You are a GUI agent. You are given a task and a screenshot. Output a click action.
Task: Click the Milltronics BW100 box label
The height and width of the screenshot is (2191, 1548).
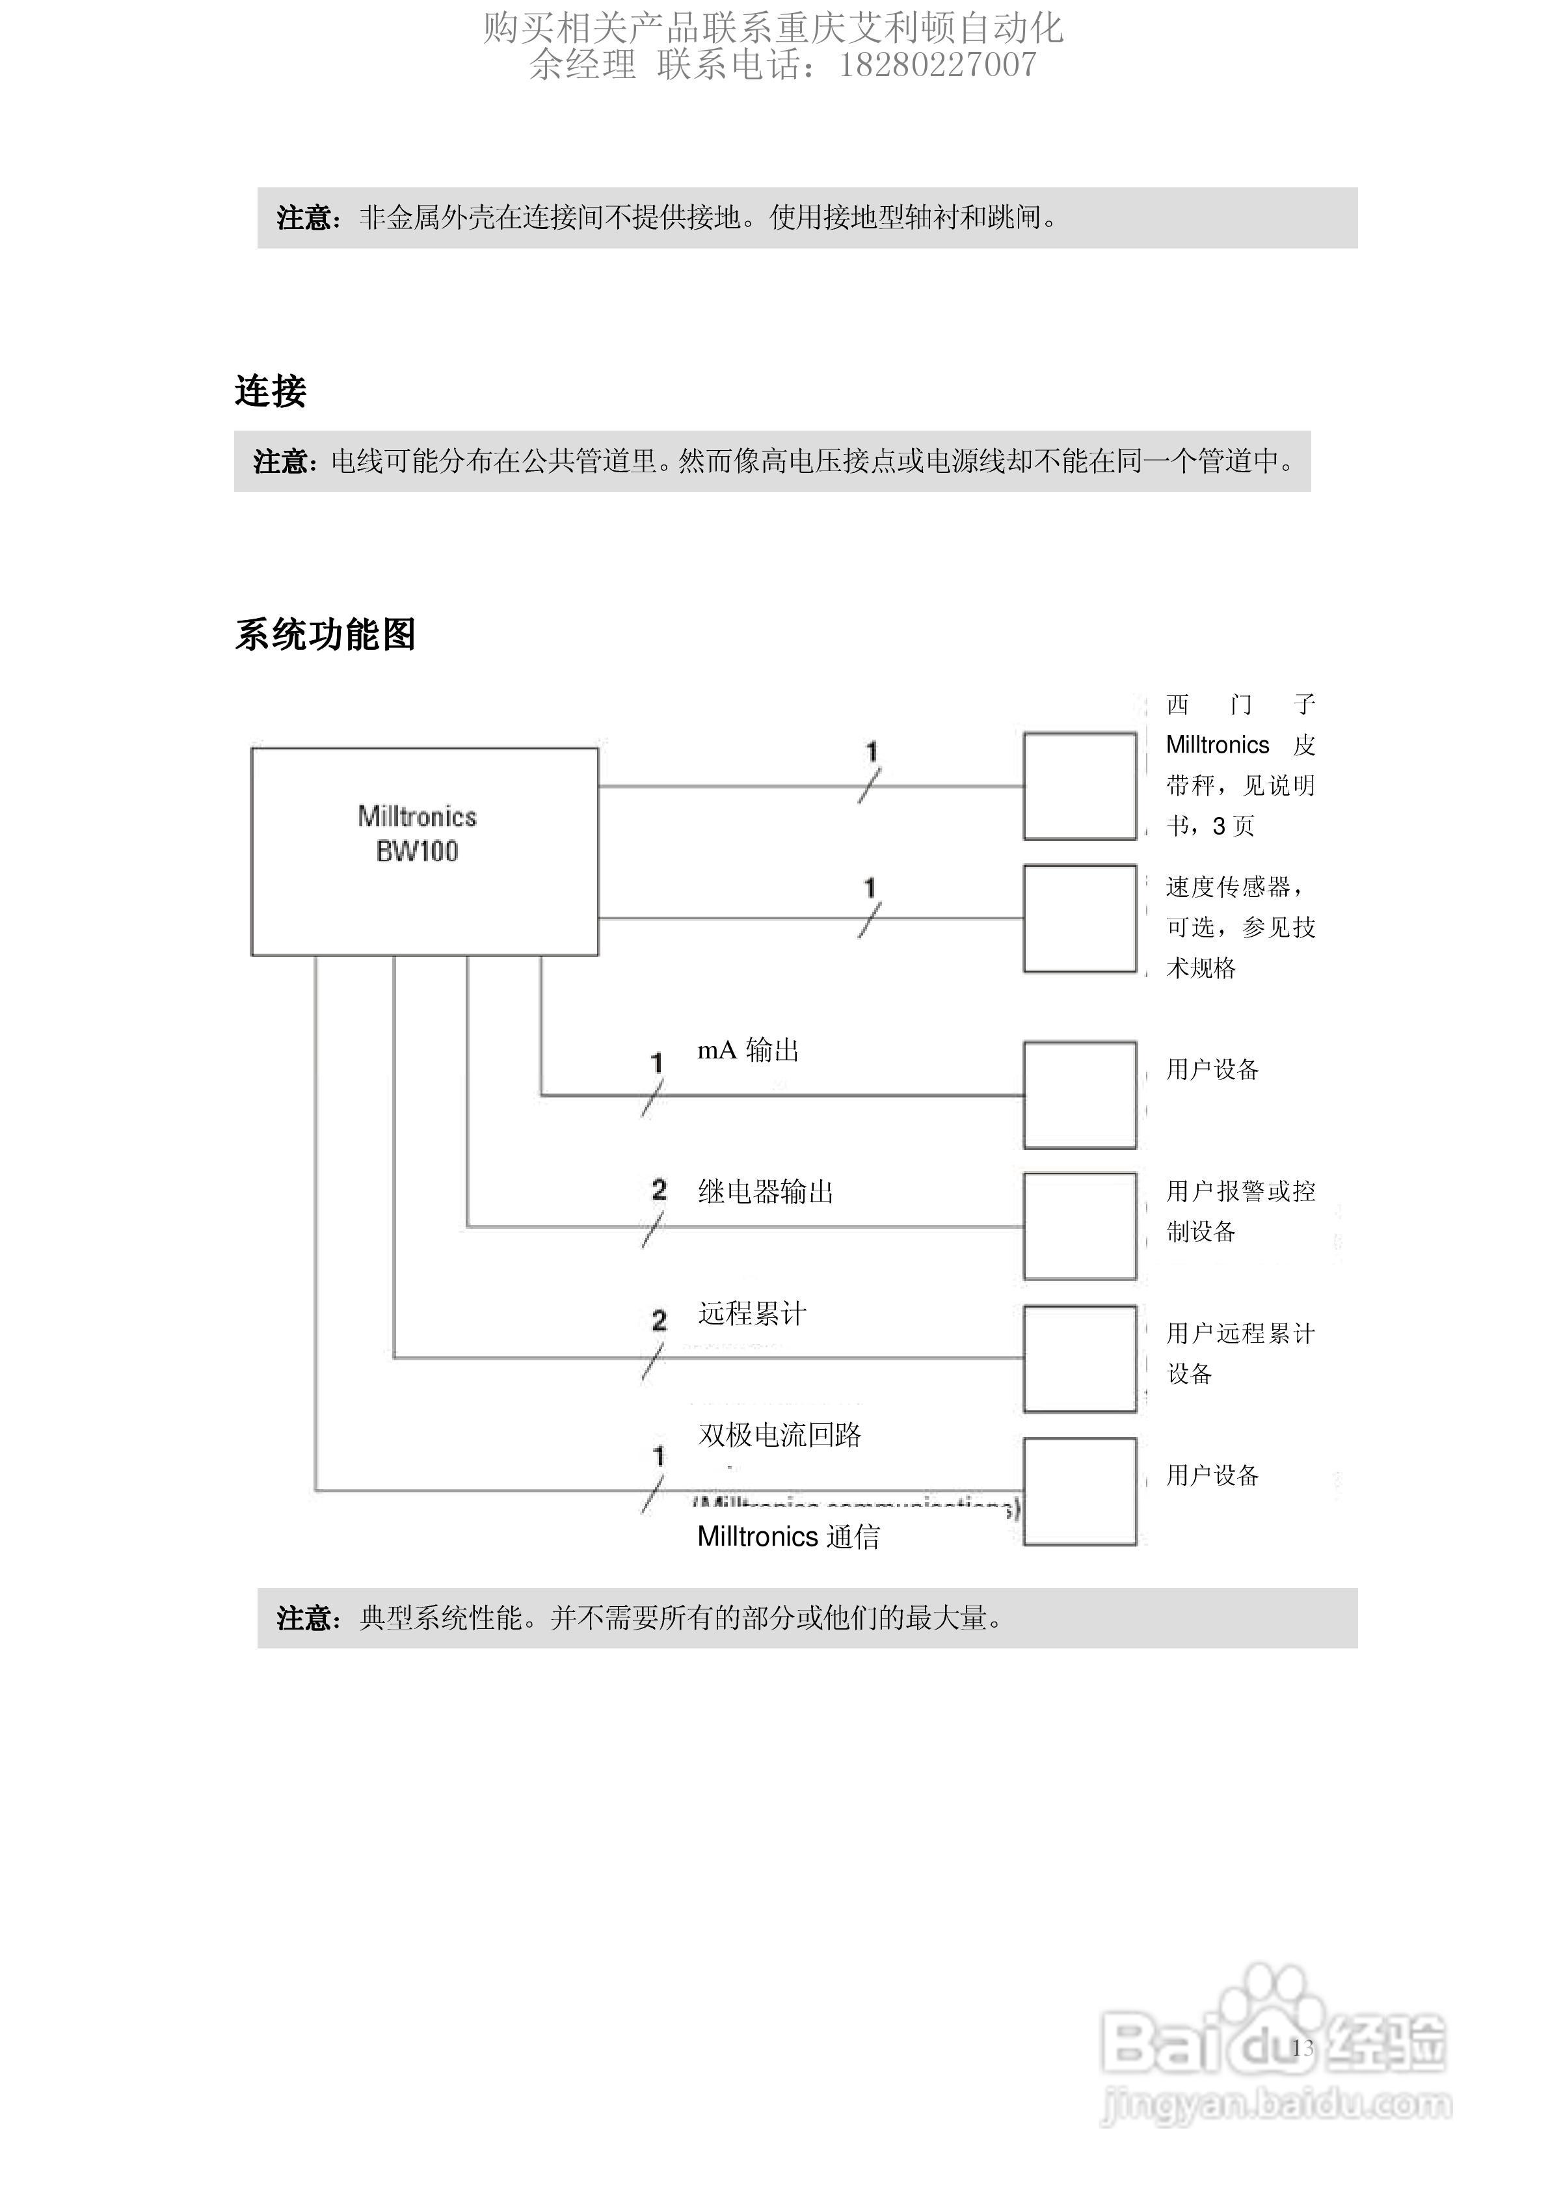click(417, 833)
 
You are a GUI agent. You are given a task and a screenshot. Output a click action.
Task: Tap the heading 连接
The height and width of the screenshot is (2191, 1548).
click(270, 391)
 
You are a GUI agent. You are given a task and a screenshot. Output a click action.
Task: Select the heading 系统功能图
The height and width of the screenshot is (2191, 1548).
click(325, 634)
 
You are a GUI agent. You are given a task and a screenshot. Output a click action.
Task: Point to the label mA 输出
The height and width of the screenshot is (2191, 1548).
click(748, 1051)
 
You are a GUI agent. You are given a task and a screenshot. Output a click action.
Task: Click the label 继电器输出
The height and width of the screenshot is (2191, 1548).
click(766, 1192)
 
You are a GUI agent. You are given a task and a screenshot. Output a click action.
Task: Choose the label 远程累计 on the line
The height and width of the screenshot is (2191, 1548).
click(752, 1314)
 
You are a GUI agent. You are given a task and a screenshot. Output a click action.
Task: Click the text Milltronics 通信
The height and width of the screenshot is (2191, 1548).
click(788, 1537)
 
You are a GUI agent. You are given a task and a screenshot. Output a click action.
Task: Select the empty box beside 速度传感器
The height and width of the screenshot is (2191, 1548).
click(1080, 919)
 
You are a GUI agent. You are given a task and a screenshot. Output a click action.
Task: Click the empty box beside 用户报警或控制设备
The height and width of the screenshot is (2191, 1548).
click(1080, 1226)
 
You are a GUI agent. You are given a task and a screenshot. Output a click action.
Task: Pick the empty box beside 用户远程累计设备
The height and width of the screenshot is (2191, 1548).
click(1080, 1358)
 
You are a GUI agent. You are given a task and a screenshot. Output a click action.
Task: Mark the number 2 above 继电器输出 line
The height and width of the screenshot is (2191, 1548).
click(658, 1190)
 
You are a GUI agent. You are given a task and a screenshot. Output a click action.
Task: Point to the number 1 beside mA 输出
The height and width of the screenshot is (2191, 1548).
click(657, 1062)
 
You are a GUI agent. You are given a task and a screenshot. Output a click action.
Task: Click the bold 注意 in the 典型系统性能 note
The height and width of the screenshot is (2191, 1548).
click(304, 1619)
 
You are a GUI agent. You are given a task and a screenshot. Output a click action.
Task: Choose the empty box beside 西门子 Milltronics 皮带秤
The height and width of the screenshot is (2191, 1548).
click(1080, 786)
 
